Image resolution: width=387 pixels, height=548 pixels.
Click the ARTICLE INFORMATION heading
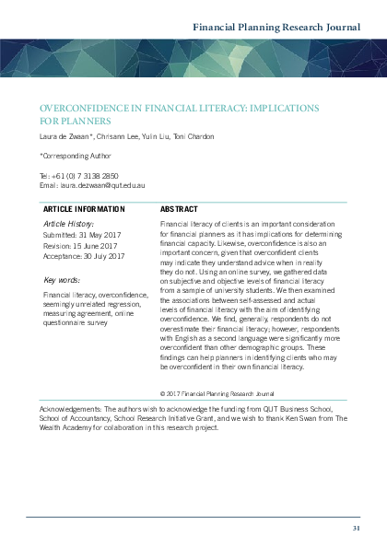point(85,209)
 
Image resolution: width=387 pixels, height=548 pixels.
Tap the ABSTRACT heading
point(182,209)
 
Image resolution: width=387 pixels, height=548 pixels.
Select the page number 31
point(356,527)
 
